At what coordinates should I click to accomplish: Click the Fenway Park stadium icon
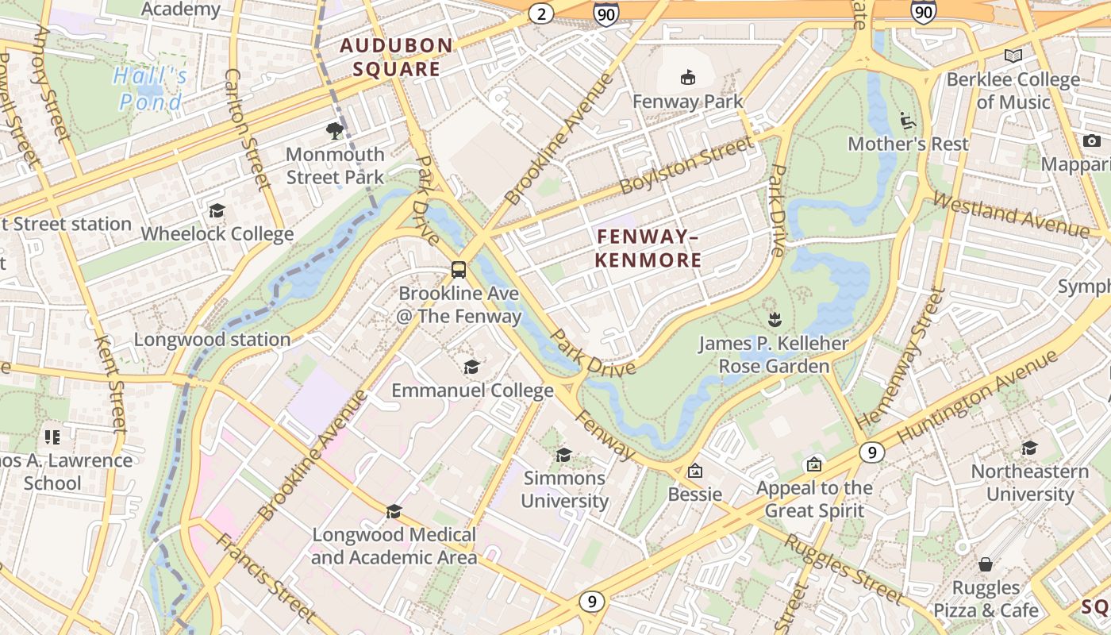(x=687, y=78)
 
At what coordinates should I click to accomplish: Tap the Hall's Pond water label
(x=151, y=89)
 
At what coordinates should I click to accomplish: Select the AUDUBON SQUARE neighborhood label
(x=396, y=57)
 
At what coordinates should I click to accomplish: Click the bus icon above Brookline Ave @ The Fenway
(x=459, y=269)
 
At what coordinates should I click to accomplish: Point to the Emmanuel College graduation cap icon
(x=472, y=367)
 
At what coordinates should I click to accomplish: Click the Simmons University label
(x=564, y=489)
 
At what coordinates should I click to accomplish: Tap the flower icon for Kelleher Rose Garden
(x=775, y=320)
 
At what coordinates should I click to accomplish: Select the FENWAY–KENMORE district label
(x=648, y=248)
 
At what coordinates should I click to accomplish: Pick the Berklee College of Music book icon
(x=1013, y=56)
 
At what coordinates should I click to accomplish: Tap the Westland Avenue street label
(x=1011, y=215)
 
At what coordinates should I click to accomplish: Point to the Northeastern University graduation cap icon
(x=1030, y=448)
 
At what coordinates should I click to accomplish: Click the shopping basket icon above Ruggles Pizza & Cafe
(x=986, y=564)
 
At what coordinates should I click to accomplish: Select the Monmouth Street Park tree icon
(x=335, y=130)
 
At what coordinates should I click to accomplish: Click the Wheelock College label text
(x=217, y=234)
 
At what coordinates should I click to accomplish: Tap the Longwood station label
(x=212, y=340)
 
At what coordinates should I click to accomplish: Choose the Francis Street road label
(x=265, y=578)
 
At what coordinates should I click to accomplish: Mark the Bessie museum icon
(x=695, y=471)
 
